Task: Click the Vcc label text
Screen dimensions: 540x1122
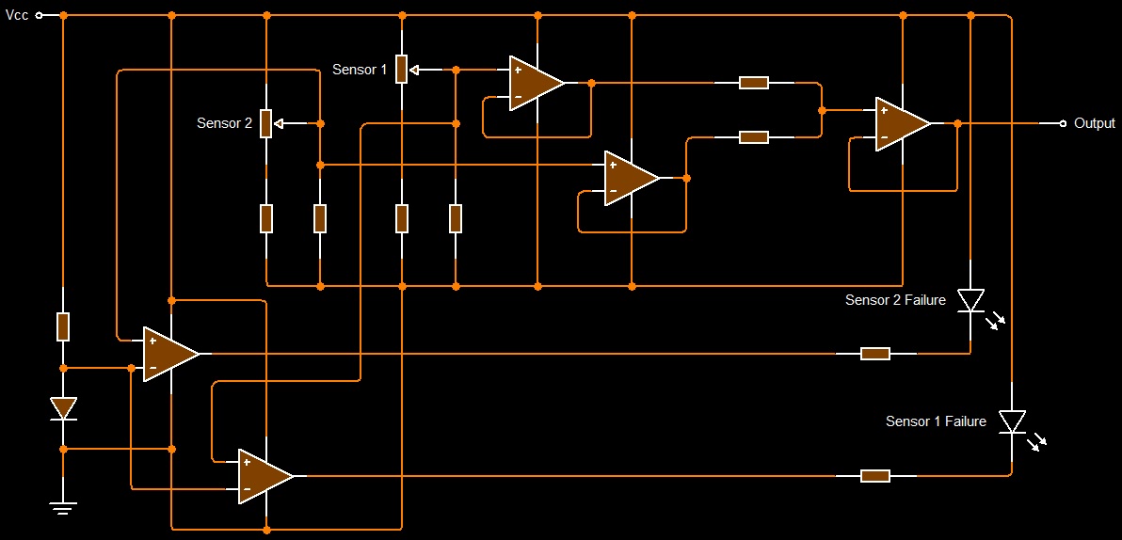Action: pyautogui.click(x=17, y=16)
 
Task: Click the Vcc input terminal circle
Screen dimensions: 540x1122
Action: pyautogui.click(x=40, y=16)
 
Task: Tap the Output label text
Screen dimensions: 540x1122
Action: pyautogui.click(x=1094, y=123)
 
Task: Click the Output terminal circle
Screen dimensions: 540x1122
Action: pyautogui.click(x=1063, y=123)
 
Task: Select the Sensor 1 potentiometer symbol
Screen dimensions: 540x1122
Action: pyautogui.click(x=402, y=69)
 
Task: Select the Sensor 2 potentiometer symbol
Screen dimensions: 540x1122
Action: pyautogui.click(x=266, y=123)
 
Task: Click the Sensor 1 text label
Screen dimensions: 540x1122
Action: pyautogui.click(x=359, y=70)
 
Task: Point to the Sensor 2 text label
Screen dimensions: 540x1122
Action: pyautogui.click(x=224, y=123)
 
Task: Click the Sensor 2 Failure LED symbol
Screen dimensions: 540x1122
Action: pyautogui.click(x=970, y=301)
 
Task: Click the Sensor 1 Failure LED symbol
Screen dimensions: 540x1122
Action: pyautogui.click(x=1012, y=421)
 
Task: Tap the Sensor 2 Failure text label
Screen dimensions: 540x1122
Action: pyautogui.click(x=894, y=300)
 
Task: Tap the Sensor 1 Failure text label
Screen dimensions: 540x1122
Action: pyautogui.click(x=935, y=421)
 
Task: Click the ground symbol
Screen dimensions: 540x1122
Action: pyautogui.click(x=63, y=508)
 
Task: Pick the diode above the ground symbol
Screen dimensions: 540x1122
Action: pyautogui.click(x=63, y=408)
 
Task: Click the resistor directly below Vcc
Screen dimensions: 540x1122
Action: pyautogui.click(x=63, y=326)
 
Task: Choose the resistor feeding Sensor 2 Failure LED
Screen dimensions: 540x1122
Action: pyautogui.click(x=875, y=354)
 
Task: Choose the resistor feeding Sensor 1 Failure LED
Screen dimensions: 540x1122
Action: pyautogui.click(x=875, y=476)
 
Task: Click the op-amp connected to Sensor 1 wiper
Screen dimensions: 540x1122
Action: pyautogui.click(x=535, y=83)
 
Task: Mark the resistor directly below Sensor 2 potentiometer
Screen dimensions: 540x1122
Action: pyautogui.click(x=266, y=218)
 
